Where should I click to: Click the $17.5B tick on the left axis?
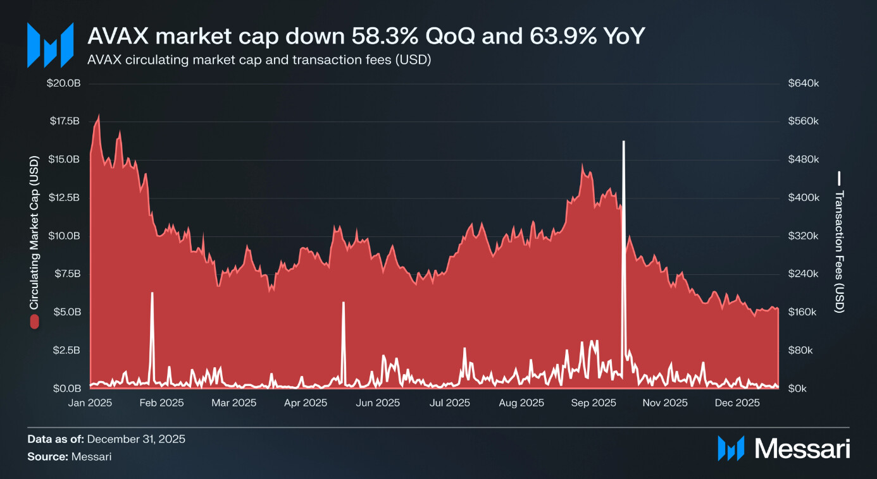click(x=65, y=121)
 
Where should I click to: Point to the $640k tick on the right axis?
click(x=803, y=83)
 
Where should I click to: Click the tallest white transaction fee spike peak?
click(x=623, y=142)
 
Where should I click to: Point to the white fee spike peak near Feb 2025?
click(x=152, y=293)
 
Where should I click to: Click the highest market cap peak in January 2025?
click(x=98, y=116)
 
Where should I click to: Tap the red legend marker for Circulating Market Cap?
click(x=34, y=321)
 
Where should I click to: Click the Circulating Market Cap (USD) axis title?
click(x=34, y=234)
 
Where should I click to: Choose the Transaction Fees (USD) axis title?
click(x=840, y=251)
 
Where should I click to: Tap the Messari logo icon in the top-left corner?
click(x=49, y=45)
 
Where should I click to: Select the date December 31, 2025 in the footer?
click(x=135, y=439)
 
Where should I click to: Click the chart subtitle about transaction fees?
click(x=259, y=61)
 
